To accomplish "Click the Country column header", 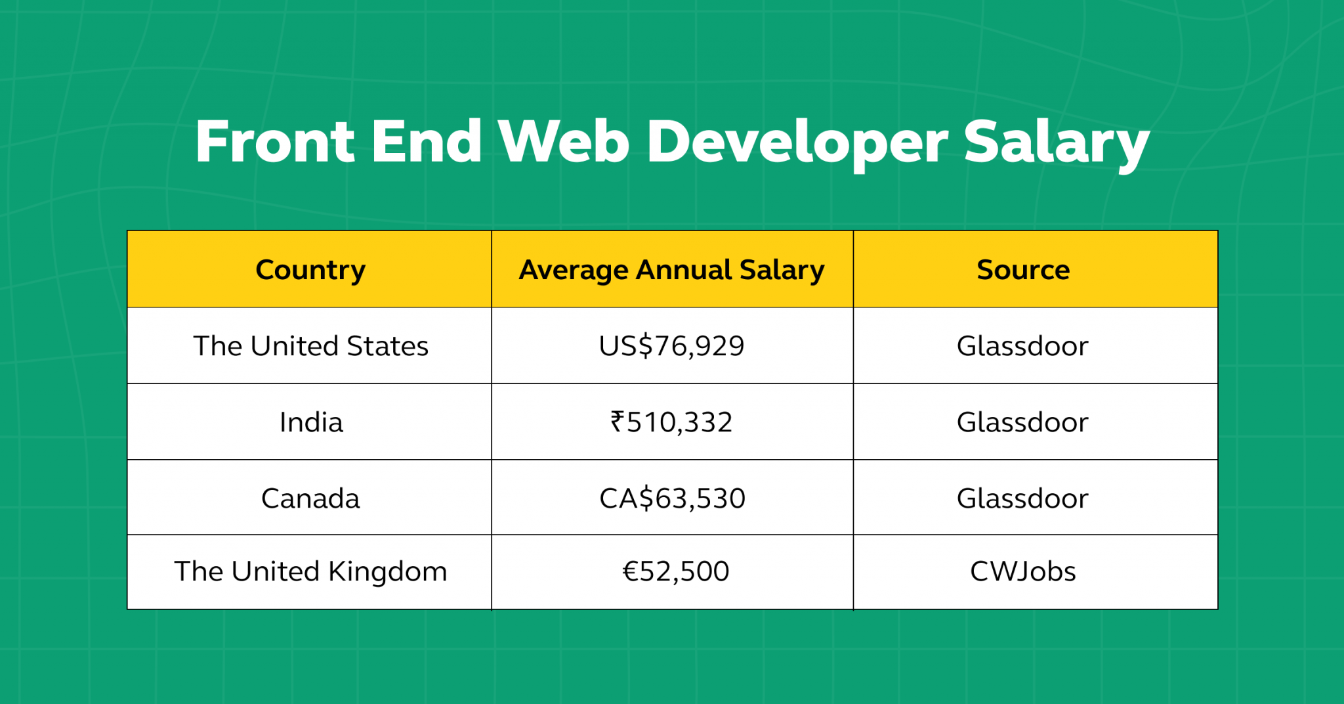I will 310,270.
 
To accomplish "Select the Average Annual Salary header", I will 671,270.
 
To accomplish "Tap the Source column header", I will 1022,270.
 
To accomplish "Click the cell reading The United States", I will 310,346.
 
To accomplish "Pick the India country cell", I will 310,422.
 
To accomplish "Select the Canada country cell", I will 310,498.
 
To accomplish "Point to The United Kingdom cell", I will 310,571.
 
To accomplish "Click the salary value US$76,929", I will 671,346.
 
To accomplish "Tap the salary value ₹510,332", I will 671,422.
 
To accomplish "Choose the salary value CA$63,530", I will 672,498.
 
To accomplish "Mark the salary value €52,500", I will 675,571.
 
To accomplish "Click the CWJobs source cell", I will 1022,571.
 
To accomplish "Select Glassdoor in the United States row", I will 1022,346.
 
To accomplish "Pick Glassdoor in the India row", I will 1022,422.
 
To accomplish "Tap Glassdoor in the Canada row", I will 1022,498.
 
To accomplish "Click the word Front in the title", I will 275,142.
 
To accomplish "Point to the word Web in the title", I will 563,142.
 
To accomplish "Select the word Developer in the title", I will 797,142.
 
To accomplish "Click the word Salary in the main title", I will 1056,142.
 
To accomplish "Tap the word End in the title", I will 427,142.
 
